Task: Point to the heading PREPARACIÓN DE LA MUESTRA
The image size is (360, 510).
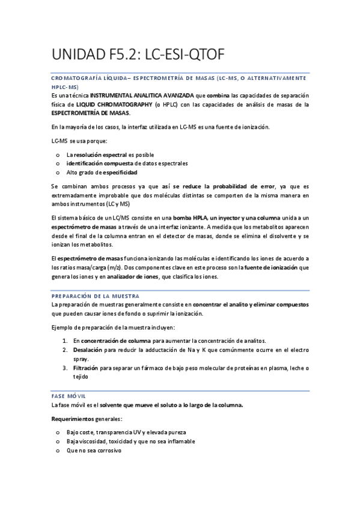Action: pos(96,296)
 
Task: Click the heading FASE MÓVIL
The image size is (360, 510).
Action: pos(69,395)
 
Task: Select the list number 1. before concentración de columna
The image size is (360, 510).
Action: pos(66,340)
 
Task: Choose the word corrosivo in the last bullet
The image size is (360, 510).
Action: pos(108,450)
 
